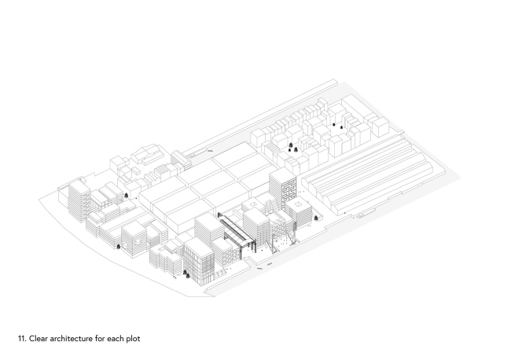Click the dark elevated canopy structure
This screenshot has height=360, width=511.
pos(235,230)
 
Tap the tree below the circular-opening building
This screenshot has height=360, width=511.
pos(122,245)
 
